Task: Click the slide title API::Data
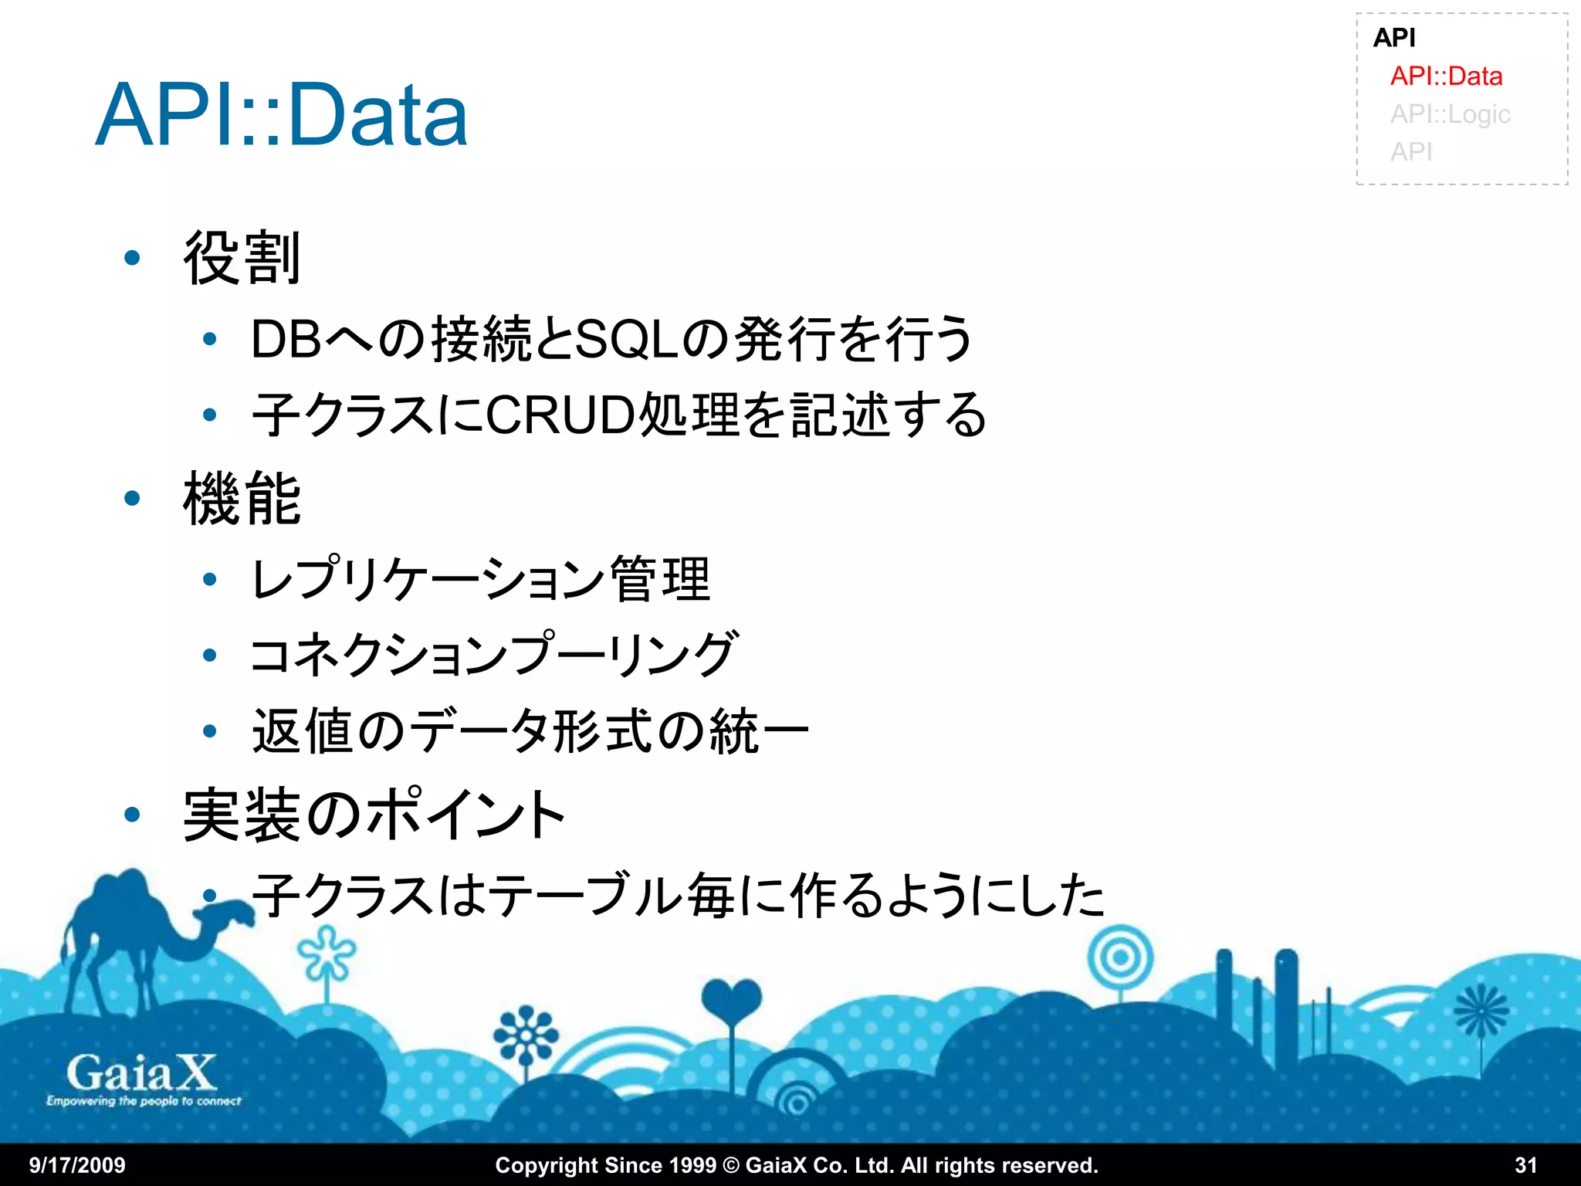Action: (282, 116)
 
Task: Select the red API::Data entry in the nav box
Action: (1446, 76)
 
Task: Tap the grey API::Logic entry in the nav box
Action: (1450, 114)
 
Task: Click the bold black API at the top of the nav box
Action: (1394, 37)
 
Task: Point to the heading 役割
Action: (241, 259)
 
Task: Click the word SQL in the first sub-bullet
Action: (627, 340)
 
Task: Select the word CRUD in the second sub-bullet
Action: (560, 415)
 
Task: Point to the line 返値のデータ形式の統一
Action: (530, 731)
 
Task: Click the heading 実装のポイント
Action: (374, 815)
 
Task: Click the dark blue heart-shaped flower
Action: (731, 1000)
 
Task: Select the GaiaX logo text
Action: (141, 1074)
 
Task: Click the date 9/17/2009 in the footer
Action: (77, 1165)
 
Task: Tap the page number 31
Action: (1525, 1165)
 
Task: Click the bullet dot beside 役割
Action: (132, 258)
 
